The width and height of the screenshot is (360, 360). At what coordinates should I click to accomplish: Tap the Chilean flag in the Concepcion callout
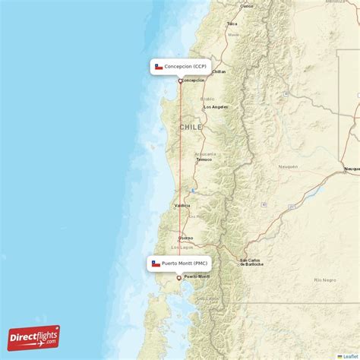(159, 67)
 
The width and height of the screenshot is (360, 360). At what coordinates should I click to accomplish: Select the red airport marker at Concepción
(180, 81)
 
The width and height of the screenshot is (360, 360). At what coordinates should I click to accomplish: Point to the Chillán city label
(219, 71)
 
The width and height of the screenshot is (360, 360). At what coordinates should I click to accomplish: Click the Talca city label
(232, 24)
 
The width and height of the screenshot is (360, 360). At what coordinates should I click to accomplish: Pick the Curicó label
(246, 6)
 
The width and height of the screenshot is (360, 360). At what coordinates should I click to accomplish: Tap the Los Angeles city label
(216, 107)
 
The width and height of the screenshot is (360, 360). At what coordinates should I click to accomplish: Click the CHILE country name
(191, 127)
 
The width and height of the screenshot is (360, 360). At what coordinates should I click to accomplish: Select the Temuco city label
(204, 160)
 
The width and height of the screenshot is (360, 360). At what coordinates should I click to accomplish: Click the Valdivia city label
(182, 206)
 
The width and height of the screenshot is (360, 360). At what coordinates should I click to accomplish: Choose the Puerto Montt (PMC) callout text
(185, 264)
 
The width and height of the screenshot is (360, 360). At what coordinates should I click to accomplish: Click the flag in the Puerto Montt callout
(156, 264)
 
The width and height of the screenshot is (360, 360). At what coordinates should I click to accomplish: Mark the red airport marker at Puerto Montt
(178, 278)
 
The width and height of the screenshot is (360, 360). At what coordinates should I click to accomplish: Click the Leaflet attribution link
(350, 355)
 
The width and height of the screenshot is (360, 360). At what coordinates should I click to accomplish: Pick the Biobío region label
(207, 99)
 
